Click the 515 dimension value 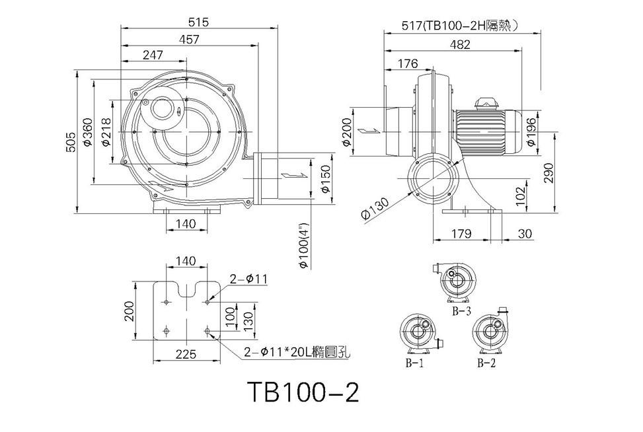pyautogui.click(x=199, y=22)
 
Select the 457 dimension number pyautogui.click(x=189, y=40)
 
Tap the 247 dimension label pyautogui.click(x=153, y=55)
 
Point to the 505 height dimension pyautogui.click(x=71, y=142)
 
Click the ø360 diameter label pyautogui.click(x=87, y=131)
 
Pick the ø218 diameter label pyautogui.click(x=105, y=132)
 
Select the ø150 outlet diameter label pyautogui.click(x=325, y=179)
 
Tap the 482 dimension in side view pyautogui.click(x=460, y=44)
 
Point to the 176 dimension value pyautogui.click(x=408, y=63)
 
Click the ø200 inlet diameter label pyautogui.click(x=347, y=132)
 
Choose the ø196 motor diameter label pyautogui.click(x=531, y=131)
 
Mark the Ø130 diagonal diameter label pyautogui.click(x=375, y=208)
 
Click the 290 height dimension pyautogui.click(x=549, y=172)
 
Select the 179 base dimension pyautogui.click(x=461, y=233)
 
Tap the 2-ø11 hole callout pyautogui.click(x=248, y=279)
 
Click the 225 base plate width pyautogui.click(x=186, y=353)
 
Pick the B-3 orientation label pyautogui.click(x=461, y=311)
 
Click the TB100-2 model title pyautogui.click(x=303, y=392)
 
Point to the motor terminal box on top pyautogui.click(x=486, y=102)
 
